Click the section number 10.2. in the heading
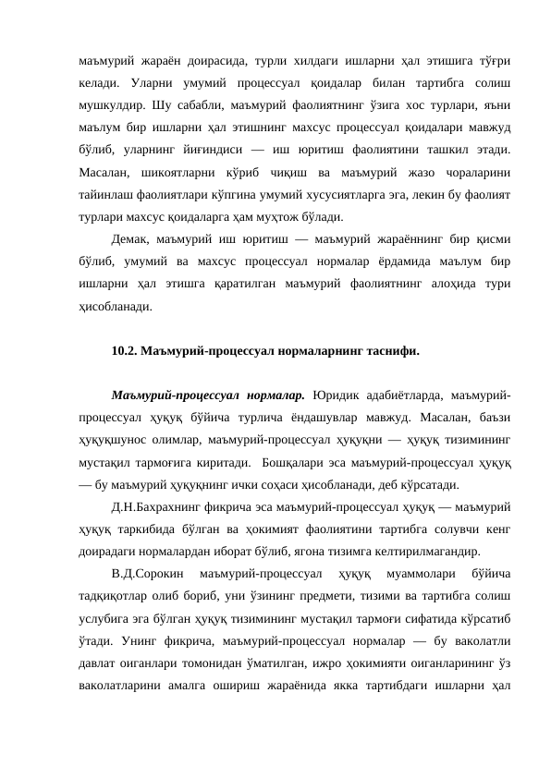[x=123, y=351]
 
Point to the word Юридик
[x=337, y=396]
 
